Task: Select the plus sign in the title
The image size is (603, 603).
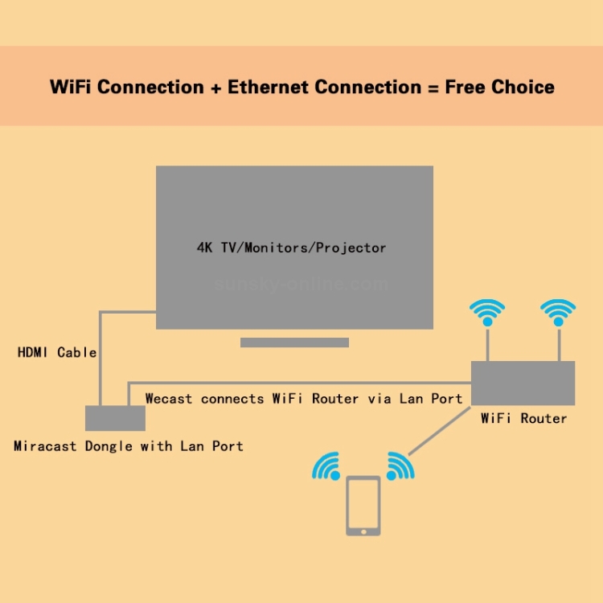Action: click(215, 87)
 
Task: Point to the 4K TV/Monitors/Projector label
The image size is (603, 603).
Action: click(292, 248)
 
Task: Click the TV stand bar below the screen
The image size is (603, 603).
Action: click(294, 343)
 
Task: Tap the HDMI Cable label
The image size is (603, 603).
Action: click(57, 352)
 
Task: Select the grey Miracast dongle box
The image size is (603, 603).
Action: click(115, 418)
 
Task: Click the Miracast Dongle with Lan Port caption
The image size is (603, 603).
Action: click(129, 446)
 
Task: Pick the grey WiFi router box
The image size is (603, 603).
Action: click(523, 383)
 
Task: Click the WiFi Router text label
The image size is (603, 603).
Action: click(523, 418)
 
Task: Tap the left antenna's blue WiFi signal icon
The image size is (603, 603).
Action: click(487, 310)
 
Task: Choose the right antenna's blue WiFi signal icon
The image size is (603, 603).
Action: click(558, 310)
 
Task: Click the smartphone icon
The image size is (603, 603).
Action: click(363, 506)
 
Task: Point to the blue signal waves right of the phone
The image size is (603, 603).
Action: click(400, 466)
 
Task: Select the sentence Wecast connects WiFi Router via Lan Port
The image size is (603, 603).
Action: click(303, 399)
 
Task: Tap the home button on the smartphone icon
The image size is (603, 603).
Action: click(363, 530)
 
